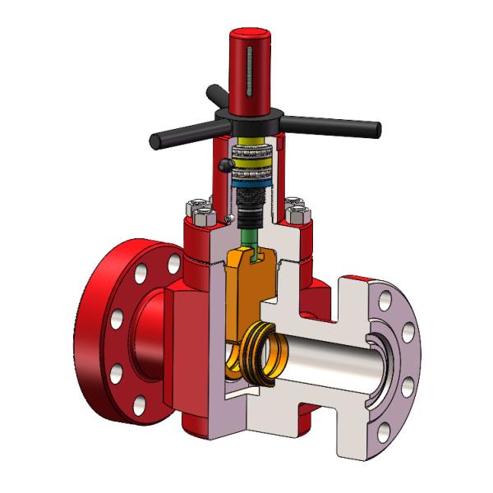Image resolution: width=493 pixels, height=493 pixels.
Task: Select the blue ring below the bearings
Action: [x=247, y=186]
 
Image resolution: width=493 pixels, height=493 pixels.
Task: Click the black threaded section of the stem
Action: [x=247, y=200]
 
